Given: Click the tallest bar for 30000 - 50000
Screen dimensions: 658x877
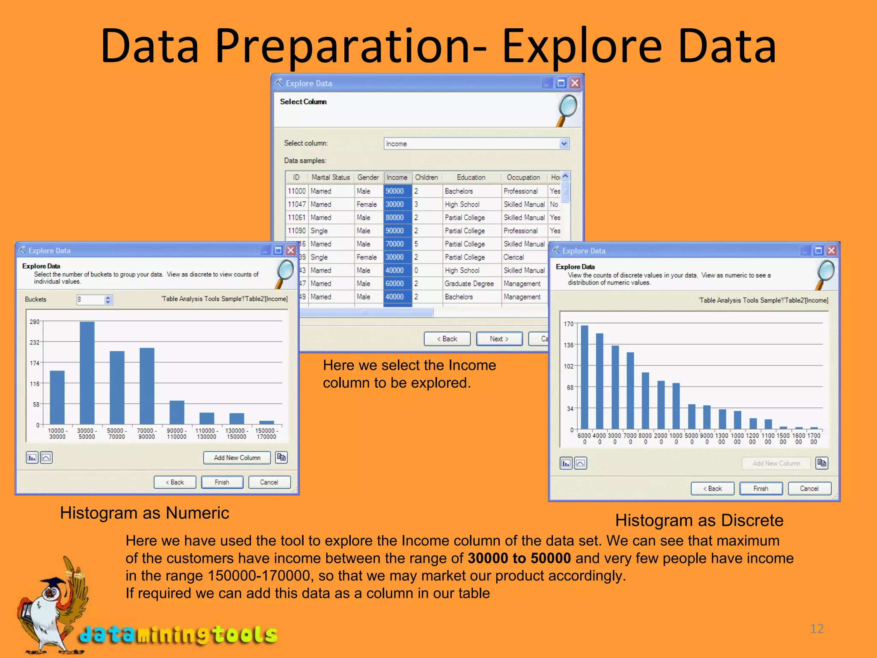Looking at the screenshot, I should click(x=87, y=373).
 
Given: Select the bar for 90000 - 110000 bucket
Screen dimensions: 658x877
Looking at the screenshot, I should click(x=177, y=412).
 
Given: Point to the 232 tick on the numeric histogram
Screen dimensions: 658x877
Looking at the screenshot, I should click(x=35, y=342).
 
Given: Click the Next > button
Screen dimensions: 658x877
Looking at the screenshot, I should click(x=499, y=339).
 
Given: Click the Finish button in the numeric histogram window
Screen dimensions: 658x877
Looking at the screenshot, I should click(x=222, y=482).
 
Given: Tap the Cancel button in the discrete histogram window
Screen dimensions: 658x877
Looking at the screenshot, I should click(x=809, y=489).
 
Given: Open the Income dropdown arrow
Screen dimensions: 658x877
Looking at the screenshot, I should click(x=564, y=144).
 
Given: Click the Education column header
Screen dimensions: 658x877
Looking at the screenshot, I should click(x=471, y=177).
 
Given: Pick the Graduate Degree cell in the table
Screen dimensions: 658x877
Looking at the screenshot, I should click(x=469, y=284).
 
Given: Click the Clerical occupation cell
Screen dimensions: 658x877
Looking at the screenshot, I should click(x=514, y=257).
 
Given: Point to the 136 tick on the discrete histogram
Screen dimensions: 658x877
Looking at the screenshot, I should click(x=568, y=345).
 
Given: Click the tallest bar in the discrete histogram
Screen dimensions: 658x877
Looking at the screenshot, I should click(x=584, y=377).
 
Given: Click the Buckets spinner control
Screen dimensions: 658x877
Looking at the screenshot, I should click(x=108, y=300).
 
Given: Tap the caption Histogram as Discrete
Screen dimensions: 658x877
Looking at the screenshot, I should click(x=699, y=520).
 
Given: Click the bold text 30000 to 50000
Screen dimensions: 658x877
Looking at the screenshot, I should click(x=519, y=558).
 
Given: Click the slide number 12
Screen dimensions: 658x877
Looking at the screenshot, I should click(x=817, y=629).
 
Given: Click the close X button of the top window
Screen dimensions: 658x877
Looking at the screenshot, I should click(x=575, y=83).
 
